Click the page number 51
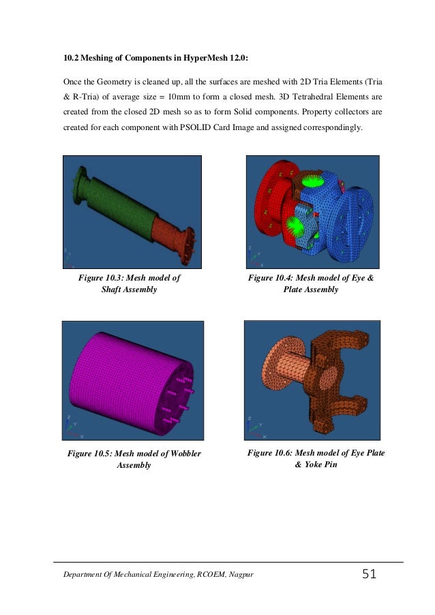[369, 575]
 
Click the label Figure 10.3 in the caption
[103, 278]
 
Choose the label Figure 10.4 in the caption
[272, 278]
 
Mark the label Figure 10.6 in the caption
[271, 453]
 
